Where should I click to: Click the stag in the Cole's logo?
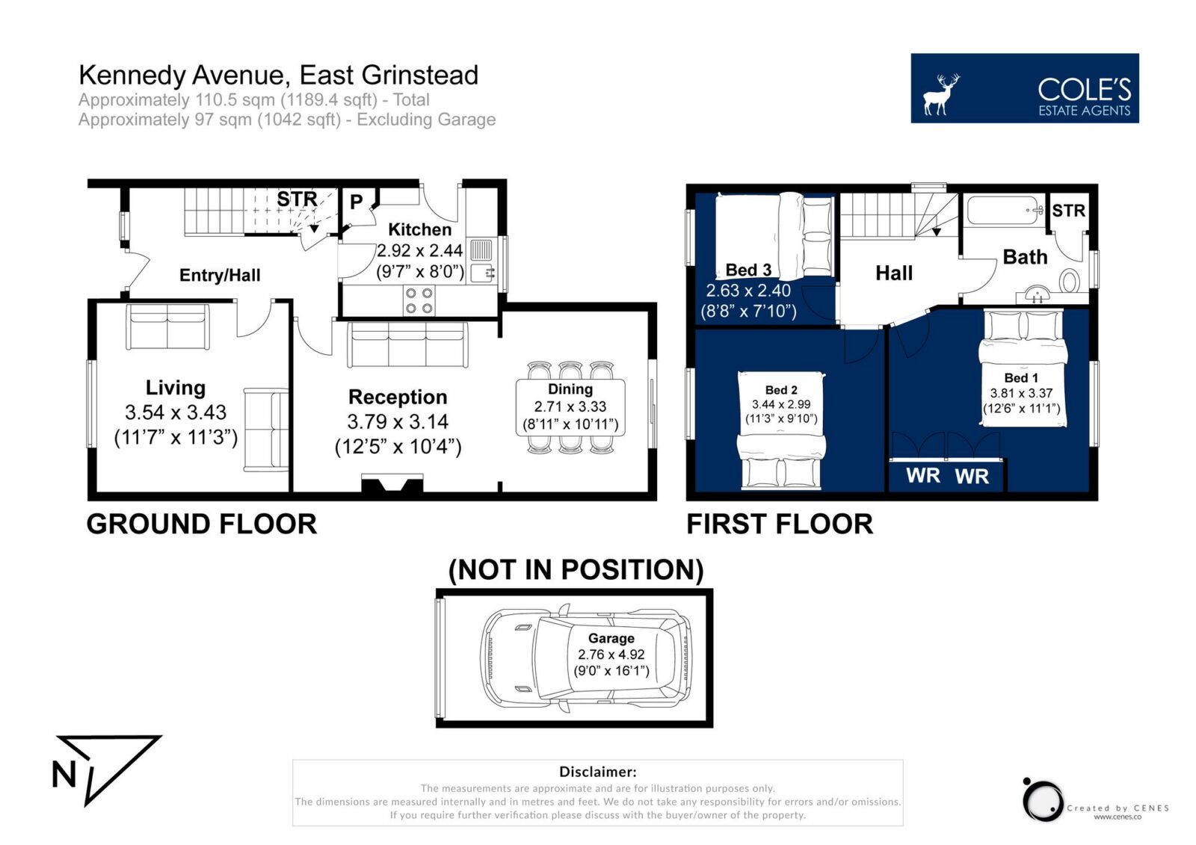941,94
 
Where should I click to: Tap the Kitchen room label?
419,229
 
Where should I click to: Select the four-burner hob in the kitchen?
419,300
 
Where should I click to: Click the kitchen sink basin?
482,273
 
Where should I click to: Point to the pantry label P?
356,202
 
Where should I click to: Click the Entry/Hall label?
220,276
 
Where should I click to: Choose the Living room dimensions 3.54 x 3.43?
176,412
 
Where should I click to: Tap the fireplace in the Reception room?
392,483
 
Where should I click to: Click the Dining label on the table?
570,389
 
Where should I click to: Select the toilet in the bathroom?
1070,281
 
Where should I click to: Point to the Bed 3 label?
748,270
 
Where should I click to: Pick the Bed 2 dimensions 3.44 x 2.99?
781,405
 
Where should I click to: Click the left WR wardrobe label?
923,476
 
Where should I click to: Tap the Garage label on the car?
611,639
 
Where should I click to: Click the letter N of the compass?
64,774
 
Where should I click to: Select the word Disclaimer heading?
597,772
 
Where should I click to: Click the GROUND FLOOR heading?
202,524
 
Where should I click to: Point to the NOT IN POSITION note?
576,569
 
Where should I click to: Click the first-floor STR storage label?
1068,211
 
